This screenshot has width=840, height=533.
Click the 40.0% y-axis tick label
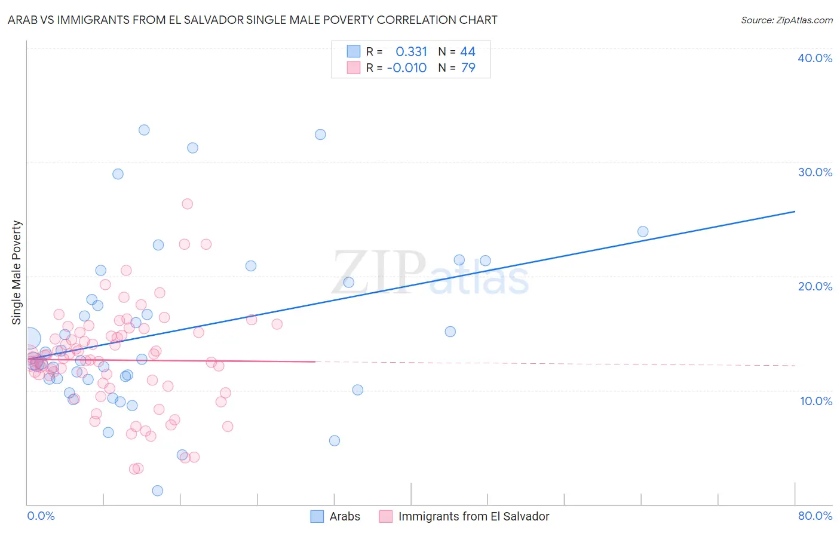815,58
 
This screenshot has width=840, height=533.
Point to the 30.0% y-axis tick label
815,172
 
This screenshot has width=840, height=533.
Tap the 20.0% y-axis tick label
815,286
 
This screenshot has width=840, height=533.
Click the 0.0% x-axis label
41,516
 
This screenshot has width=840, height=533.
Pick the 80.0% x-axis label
815,516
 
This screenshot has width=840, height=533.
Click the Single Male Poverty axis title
17,272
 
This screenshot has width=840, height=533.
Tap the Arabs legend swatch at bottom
317,516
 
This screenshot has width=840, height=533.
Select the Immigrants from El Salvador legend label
473,516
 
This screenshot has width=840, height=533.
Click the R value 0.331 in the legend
411,52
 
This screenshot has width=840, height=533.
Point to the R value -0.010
407,68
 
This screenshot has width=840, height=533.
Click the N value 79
468,68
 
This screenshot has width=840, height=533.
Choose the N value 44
468,52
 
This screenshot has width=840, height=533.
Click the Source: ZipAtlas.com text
786,20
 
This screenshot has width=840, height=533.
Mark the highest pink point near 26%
187,204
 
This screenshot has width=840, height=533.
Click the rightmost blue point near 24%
643,231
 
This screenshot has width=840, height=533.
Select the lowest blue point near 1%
158,491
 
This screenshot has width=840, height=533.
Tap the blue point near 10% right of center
357,390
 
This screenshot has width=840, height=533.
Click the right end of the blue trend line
795,212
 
